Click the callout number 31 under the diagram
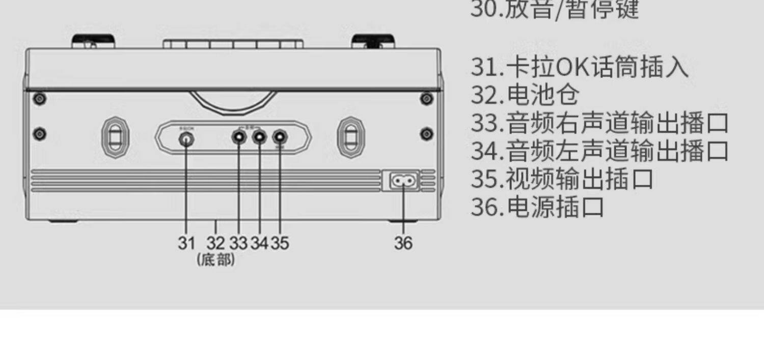click(x=186, y=243)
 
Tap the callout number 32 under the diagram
click(x=215, y=243)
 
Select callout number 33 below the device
click(x=238, y=243)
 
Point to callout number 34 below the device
click(x=259, y=243)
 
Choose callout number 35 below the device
click(x=279, y=243)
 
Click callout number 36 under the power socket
click(x=403, y=243)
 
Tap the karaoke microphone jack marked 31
click(x=187, y=138)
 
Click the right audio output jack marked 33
click(x=238, y=137)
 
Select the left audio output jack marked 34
click(x=260, y=137)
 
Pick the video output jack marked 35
click(x=280, y=137)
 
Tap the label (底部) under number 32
click(x=216, y=260)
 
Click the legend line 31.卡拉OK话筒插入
click(x=580, y=67)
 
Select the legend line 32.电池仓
click(x=525, y=95)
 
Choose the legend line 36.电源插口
click(x=537, y=206)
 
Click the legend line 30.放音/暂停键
click(x=554, y=10)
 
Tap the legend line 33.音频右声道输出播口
click(x=599, y=123)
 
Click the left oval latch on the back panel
click(x=116, y=136)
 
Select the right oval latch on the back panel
click(x=351, y=136)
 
